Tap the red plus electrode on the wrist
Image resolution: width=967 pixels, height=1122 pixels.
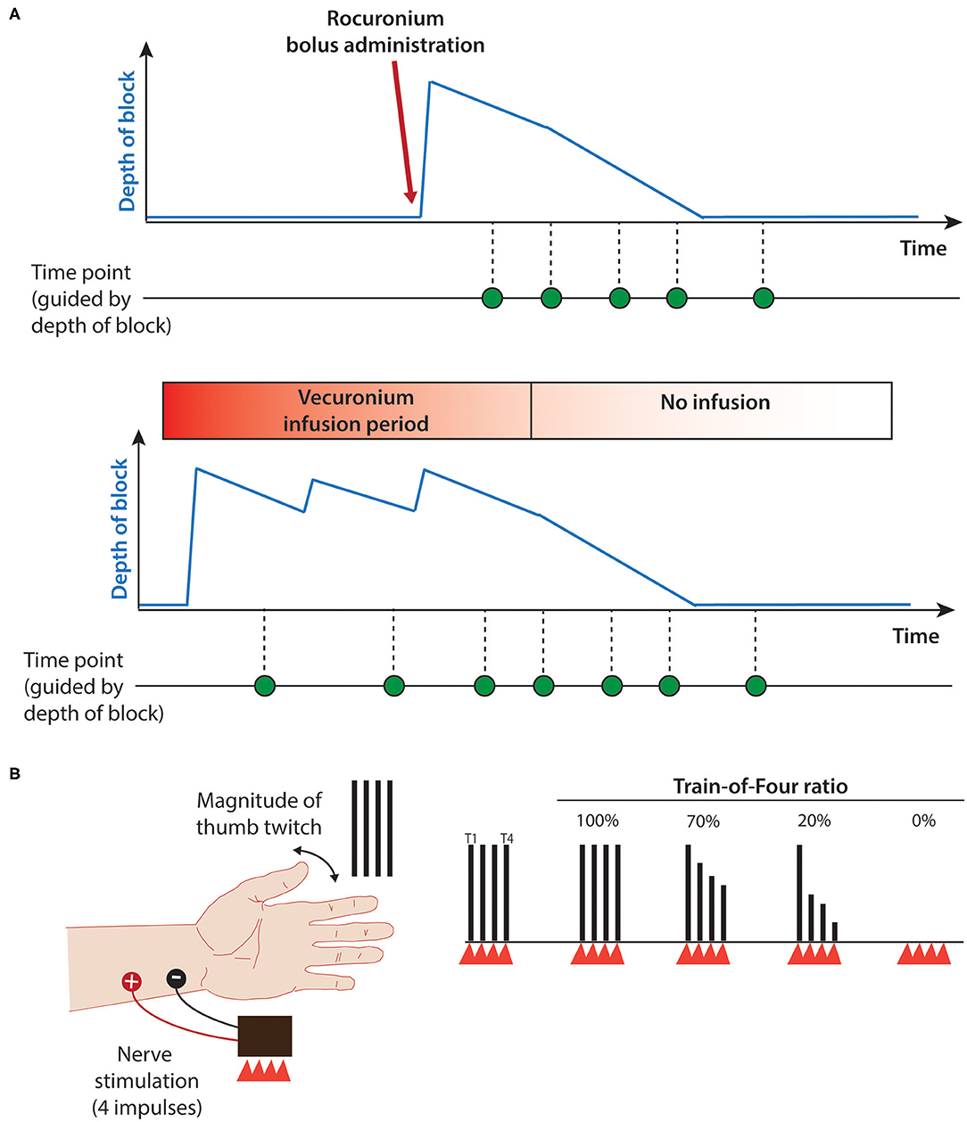[131, 982]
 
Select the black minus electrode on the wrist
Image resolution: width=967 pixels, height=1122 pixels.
[177, 979]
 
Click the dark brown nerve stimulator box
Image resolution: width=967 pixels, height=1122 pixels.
[264, 1037]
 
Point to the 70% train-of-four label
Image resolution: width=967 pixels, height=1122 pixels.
[703, 821]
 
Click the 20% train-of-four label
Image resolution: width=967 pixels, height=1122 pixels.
[814, 821]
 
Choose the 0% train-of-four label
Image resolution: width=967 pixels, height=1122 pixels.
[924, 821]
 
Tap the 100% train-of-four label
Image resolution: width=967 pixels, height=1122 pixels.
[598, 821]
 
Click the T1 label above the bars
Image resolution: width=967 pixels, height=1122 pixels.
[471, 838]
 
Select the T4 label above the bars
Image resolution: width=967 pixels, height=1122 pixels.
[507, 838]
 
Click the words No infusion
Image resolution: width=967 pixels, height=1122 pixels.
[715, 402]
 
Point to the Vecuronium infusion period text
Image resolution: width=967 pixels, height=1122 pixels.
[356, 410]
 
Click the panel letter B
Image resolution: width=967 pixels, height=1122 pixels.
[14, 773]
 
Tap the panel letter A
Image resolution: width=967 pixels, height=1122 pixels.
[14, 14]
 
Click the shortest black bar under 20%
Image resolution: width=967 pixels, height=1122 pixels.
[835, 931]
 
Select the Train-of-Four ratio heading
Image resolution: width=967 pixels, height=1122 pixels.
[760, 787]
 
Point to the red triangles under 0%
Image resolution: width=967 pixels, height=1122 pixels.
[924, 953]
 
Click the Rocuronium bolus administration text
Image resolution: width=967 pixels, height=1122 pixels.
[385, 32]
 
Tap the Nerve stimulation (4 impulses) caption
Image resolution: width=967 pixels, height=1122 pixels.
[146, 1081]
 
